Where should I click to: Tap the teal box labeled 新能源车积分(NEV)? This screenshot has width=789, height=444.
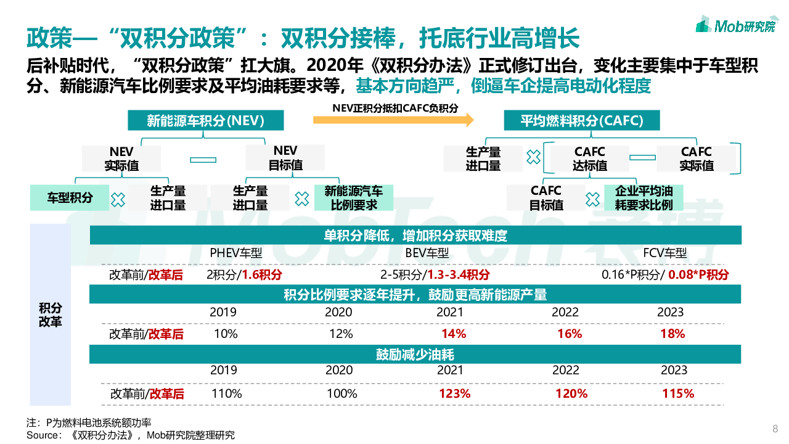pyautogui.click(x=206, y=121)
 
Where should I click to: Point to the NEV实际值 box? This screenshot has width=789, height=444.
pyautogui.click(x=121, y=158)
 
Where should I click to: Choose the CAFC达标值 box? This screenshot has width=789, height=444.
pyautogui.click(x=590, y=158)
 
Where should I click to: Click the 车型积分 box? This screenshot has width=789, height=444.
pyautogui.click(x=70, y=198)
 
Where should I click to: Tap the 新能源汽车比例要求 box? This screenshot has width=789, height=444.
pyautogui.click(x=353, y=198)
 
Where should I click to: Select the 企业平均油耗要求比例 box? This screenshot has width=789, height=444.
pyautogui.click(x=644, y=198)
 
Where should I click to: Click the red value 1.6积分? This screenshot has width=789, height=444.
pyautogui.click(x=261, y=275)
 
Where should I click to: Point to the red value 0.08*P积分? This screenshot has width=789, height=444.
pyautogui.click(x=698, y=275)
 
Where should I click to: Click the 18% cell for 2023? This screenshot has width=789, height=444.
pyautogui.click(x=672, y=334)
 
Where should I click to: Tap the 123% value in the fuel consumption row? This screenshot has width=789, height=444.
pyautogui.click(x=455, y=393)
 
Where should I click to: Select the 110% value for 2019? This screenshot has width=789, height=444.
pyautogui.click(x=226, y=393)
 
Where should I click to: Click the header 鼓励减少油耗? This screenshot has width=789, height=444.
pyautogui.click(x=415, y=355)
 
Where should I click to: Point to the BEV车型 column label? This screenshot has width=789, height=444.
pyautogui.click(x=427, y=253)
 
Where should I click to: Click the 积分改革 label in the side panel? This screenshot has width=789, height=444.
pyautogui.click(x=51, y=314)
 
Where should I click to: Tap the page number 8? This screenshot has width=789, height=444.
pyautogui.click(x=775, y=429)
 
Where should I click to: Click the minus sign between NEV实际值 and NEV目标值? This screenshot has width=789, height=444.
pyautogui.click(x=203, y=160)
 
